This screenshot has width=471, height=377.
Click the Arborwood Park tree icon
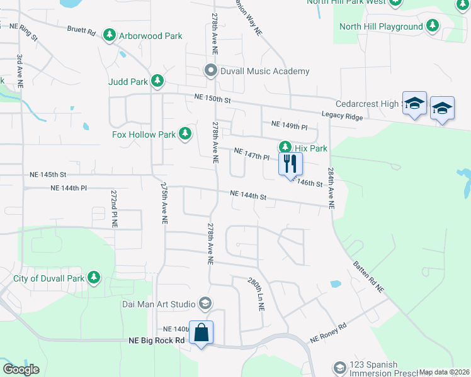click(110, 35)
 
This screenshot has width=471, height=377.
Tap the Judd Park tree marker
click(157, 81)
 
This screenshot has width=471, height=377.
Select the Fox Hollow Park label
click(144, 134)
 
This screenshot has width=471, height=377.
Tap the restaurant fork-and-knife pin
click(290, 165)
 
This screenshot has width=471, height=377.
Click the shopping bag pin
click(201, 332)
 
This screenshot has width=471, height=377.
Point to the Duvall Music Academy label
click(264, 71)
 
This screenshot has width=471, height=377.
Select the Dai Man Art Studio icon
click(205, 304)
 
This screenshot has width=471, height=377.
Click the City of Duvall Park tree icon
click(94, 277)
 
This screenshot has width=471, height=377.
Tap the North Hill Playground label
click(381, 26)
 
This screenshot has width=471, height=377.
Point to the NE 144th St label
click(248, 196)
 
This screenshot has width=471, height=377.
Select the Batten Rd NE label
click(368, 277)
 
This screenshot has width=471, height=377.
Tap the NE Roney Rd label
click(328, 334)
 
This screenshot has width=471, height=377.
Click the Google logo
click(21, 369)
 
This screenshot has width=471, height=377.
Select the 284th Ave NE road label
click(331, 187)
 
